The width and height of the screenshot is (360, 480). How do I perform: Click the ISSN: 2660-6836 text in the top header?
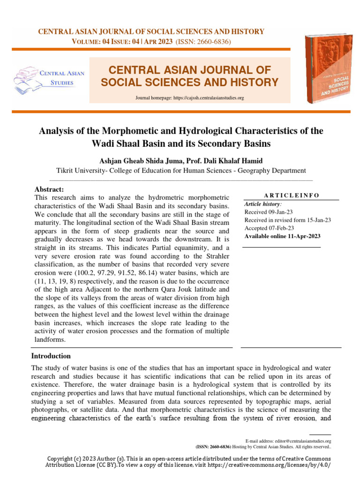pos(203,42)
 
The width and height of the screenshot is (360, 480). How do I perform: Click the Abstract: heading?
pos(49,189)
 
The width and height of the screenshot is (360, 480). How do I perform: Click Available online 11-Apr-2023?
pos(282,236)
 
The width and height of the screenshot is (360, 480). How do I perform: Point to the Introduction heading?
pos(51,356)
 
